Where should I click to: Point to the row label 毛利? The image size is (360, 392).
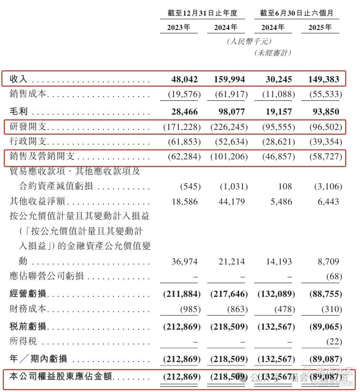(19, 111)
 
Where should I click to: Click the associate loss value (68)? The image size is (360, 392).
(332, 276)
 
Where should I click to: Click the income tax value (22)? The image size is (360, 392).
(332, 342)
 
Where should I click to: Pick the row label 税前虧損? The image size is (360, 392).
(28, 327)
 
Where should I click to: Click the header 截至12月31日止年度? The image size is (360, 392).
(202, 13)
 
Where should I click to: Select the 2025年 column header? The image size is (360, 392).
(320, 27)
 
